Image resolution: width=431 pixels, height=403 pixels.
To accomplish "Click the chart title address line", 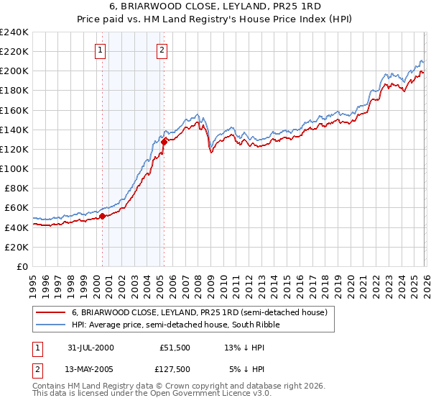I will click(x=215, y=6).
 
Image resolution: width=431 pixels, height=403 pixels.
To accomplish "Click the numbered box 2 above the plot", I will click(x=162, y=50).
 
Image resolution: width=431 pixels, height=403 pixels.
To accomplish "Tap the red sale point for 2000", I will click(x=103, y=216).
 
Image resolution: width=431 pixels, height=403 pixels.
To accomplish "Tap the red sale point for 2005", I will click(x=164, y=142).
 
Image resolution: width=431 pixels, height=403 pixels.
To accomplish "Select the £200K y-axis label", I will click(x=14, y=71).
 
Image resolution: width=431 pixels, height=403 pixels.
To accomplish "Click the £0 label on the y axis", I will click(x=22, y=266).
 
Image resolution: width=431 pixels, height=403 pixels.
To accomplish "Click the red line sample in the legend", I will click(x=52, y=313).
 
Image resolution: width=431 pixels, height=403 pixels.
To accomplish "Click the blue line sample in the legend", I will click(x=52, y=325).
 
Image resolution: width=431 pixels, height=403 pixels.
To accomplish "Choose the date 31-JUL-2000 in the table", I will click(x=91, y=347).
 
